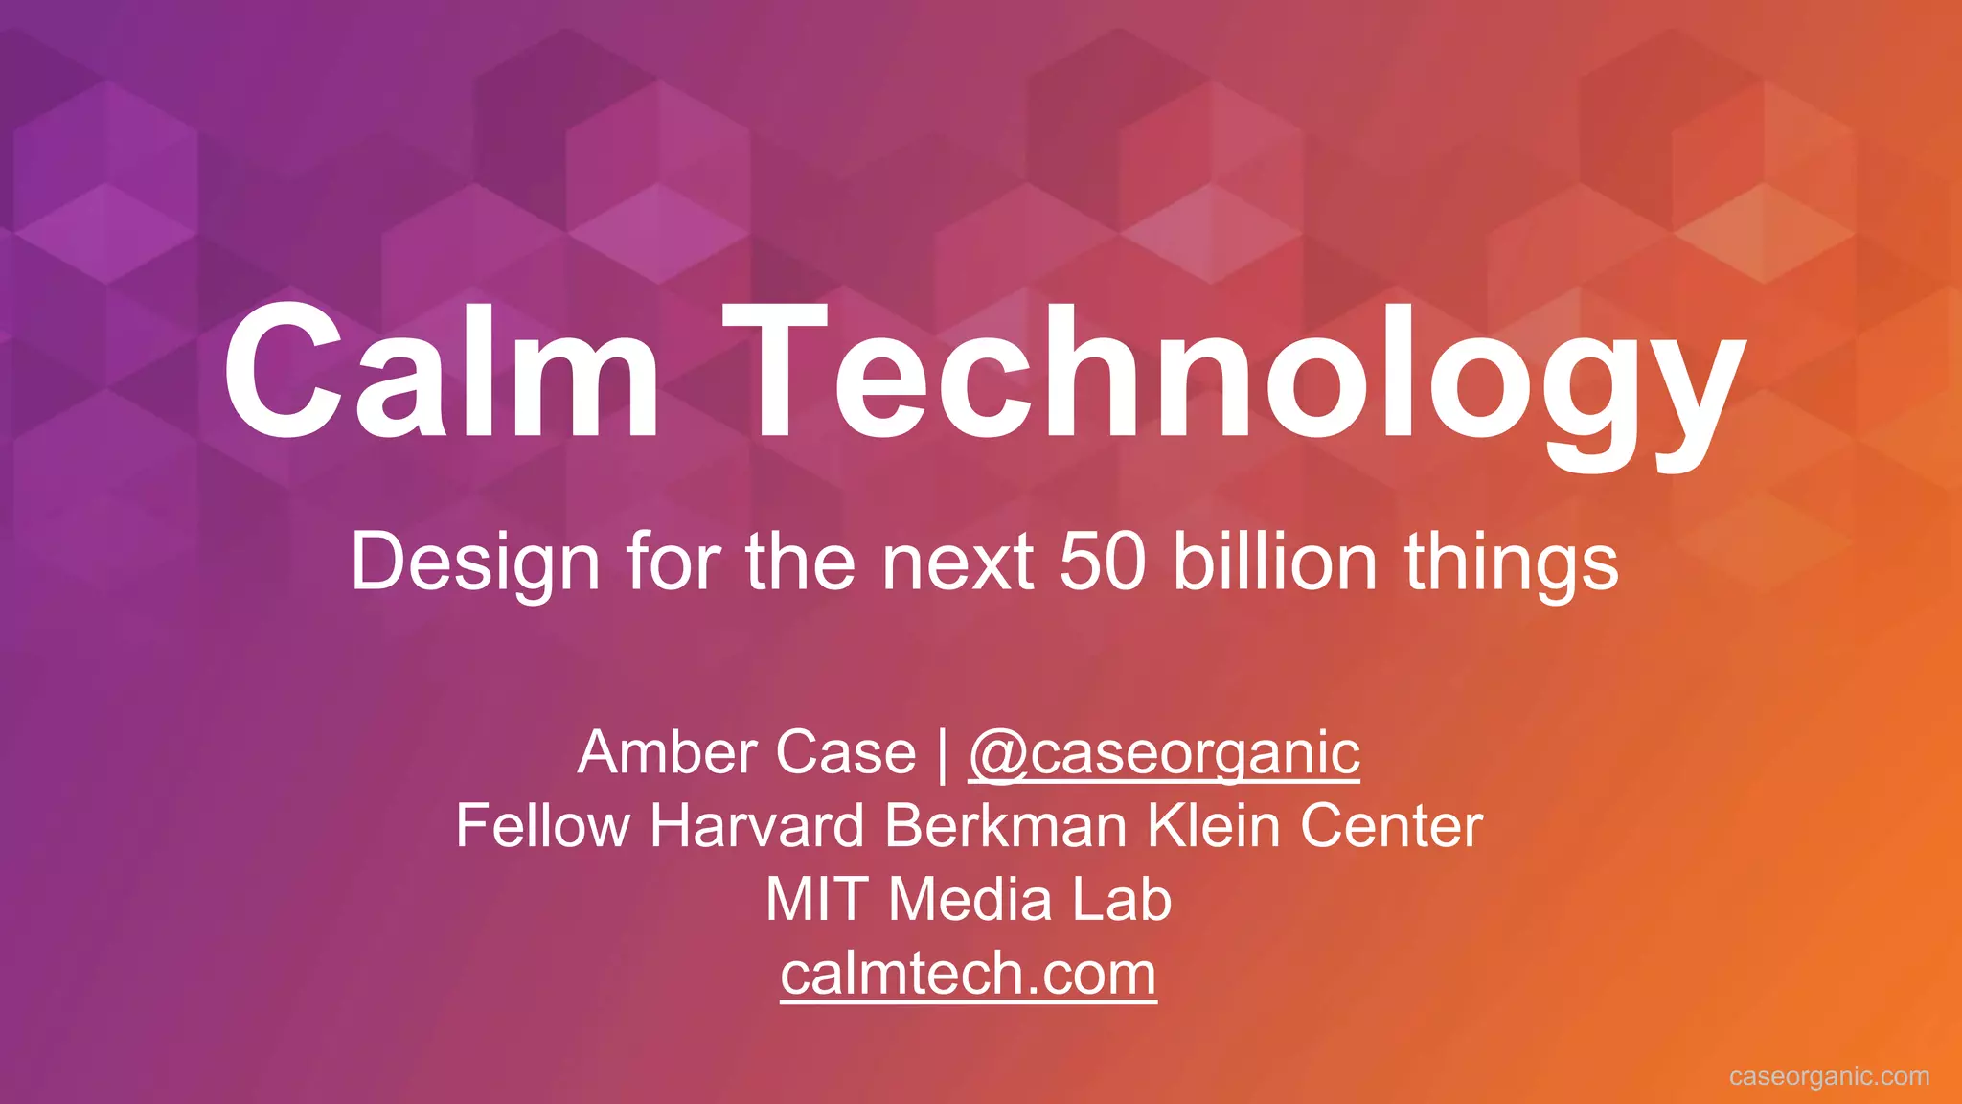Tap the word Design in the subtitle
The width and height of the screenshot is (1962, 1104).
pyautogui.click(x=475, y=563)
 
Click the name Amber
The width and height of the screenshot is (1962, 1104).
pyautogui.click(x=667, y=752)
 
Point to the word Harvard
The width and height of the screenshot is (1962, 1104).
pyautogui.click(x=757, y=826)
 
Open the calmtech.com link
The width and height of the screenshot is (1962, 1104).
pyautogui.click(x=969, y=975)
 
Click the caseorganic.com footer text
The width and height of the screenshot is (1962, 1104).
pyautogui.click(x=1829, y=1076)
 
